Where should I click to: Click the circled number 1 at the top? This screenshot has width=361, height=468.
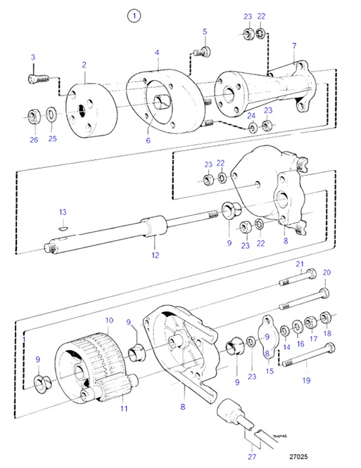pos(134,15)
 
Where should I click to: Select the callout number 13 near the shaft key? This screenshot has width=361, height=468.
pos(62,212)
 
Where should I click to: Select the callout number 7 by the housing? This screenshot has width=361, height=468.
pos(293,46)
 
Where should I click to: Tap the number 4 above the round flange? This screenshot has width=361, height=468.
pos(158,52)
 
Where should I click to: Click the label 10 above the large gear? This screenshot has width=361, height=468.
pos(110,320)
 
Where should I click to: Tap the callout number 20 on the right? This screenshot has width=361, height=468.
pos(326,273)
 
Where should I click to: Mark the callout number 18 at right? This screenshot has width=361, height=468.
pos(327,334)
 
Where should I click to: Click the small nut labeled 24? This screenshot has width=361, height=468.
pos(251,127)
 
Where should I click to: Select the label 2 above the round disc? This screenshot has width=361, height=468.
pos(84,65)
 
